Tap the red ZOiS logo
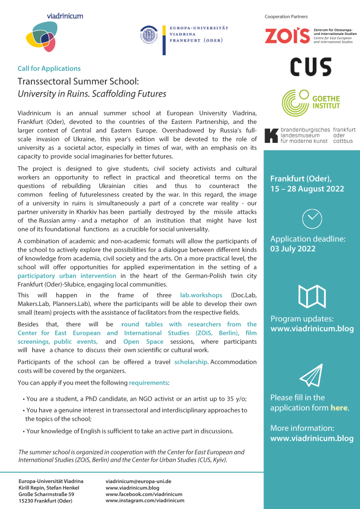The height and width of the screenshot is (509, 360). pyautogui.click(x=287, y=36)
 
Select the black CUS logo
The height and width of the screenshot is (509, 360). pyautogui.click(x=311, y=67)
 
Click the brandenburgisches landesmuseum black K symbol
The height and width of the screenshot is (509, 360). pyautogui.click(x=271, y=135)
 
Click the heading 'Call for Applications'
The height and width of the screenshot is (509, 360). pyautogui.click(x=49, y=69)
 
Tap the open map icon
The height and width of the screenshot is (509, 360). pyautogui.click(x=312, y=297)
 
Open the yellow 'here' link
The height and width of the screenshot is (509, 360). pyautogui.click(x=339, y=408)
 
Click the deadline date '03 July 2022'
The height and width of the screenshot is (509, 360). pyautogui.click(x=293, y=249)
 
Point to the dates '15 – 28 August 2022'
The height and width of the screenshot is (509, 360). pyautogui.click(x=307, y=189)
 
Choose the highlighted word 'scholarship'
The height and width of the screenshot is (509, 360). pyautogui.click(x=190, y=362)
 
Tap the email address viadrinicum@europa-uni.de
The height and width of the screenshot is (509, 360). pyautogui.click(x=138, y=482)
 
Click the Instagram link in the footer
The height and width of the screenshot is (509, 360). pyautogui.click(x=145, y=501)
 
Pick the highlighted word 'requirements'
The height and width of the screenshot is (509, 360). pyautogui.click(x=148, y=383)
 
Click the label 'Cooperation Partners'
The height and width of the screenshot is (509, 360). pyautogui.click(x=286, y=17)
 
